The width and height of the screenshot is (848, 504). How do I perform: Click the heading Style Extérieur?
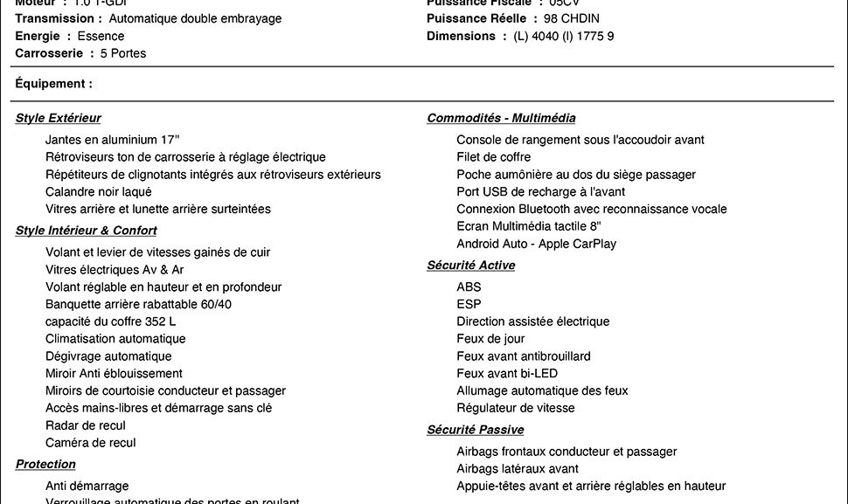click(58, 118)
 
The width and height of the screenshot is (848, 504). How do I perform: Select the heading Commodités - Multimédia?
click(501, 118)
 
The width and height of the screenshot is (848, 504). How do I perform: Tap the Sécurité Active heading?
click(470, 265)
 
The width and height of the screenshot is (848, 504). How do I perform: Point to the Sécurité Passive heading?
click(475, 430)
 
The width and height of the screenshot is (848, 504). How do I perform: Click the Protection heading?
click(45, 464)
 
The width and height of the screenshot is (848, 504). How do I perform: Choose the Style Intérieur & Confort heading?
click(86, 231)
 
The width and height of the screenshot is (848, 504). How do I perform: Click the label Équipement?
click(53, 84)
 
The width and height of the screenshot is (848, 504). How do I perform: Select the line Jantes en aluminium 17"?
click(112, 140)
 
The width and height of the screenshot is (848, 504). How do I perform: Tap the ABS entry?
click(469, 287)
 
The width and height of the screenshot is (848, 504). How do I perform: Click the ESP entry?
click(469, 304)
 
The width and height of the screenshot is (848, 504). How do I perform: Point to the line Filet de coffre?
click(493, 157)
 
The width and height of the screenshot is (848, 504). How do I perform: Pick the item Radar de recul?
click(86, 425)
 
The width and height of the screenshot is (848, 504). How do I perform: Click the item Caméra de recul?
click(91, 443)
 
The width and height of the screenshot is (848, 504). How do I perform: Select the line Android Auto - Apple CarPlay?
click(536, 244)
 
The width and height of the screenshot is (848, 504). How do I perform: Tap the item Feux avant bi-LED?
click(507, 373)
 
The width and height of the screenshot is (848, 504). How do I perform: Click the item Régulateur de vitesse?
click(516, 408)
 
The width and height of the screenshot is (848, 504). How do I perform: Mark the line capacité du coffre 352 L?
click(110, 321)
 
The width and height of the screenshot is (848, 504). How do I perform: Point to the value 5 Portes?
click(123, 53)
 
